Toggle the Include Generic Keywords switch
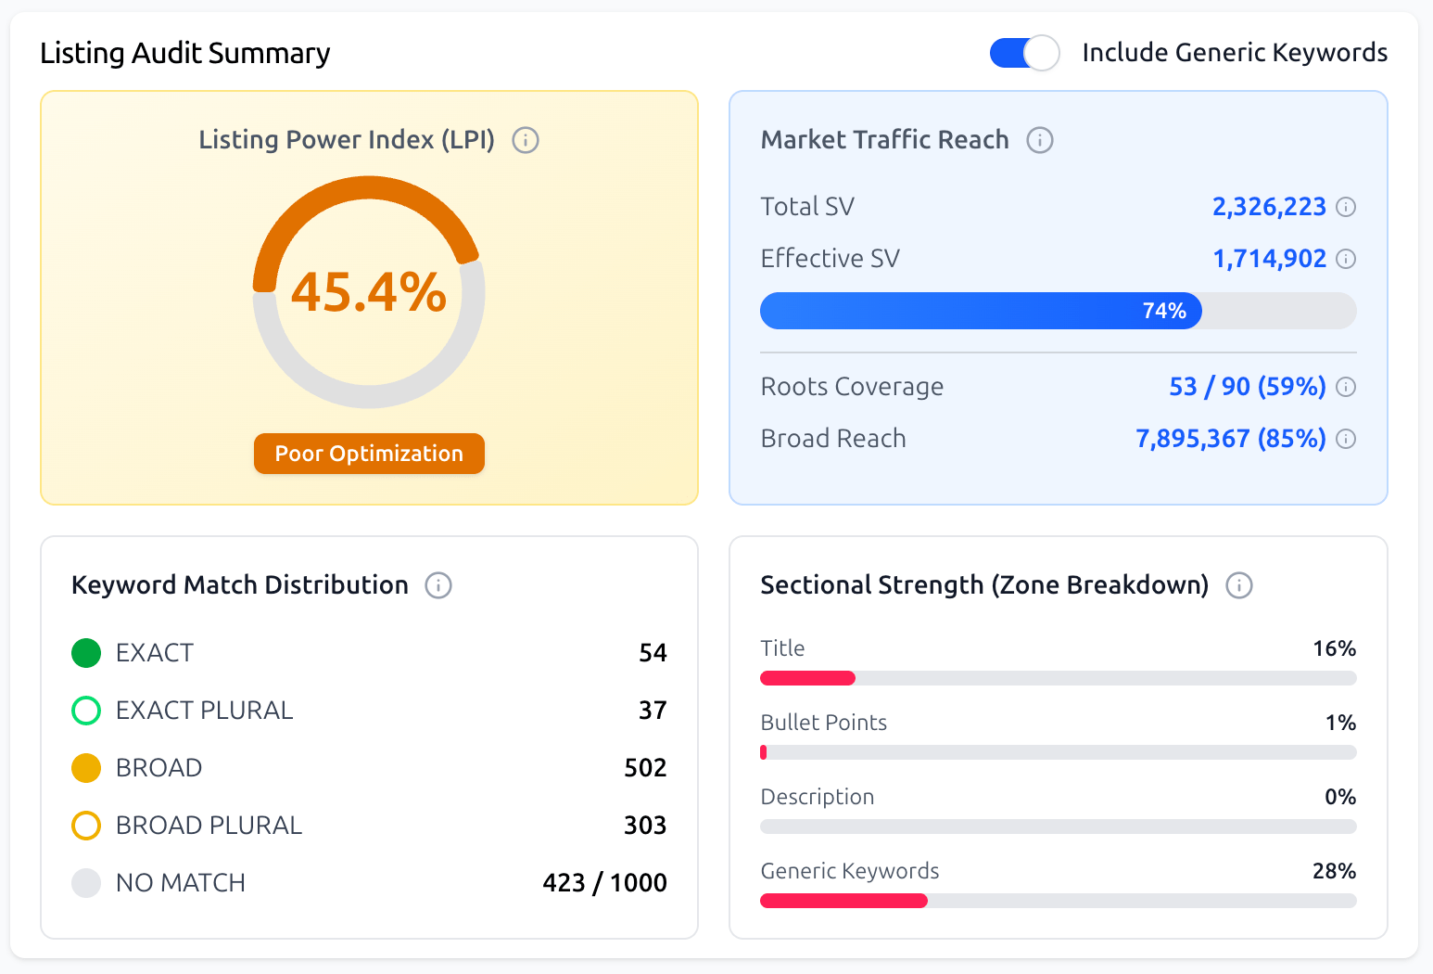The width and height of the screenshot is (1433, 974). coord(1024,53)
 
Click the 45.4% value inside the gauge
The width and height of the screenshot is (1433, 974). coord(369,292)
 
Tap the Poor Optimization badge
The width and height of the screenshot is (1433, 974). coord(369,454)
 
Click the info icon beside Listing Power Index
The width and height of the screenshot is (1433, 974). coord(526,140)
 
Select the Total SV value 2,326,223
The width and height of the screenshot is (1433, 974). coord(1269,207)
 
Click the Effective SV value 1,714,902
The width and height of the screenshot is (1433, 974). coord(1269,259)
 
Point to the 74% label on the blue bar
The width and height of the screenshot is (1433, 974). coord(1164,311)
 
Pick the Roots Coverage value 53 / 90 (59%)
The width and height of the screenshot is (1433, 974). coord(1247,387)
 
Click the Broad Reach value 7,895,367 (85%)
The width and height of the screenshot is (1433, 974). coord(1230,439)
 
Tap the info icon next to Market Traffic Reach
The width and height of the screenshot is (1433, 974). coord(1040,140)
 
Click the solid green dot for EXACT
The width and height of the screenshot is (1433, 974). coord(86,653)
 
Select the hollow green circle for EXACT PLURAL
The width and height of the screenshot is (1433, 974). coord(86,711)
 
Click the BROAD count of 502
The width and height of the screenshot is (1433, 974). coord(645,768)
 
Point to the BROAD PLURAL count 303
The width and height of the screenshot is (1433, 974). coord(645,826)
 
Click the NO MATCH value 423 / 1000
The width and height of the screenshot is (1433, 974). coord(604,883)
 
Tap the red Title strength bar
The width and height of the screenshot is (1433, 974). coord(807,678)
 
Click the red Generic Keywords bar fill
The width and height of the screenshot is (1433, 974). coord(843,901)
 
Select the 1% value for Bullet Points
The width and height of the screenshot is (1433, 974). coord(1340,723)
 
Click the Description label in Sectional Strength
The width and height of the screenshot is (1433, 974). coord(817,797)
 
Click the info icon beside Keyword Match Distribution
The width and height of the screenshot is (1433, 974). coord(438,585)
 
